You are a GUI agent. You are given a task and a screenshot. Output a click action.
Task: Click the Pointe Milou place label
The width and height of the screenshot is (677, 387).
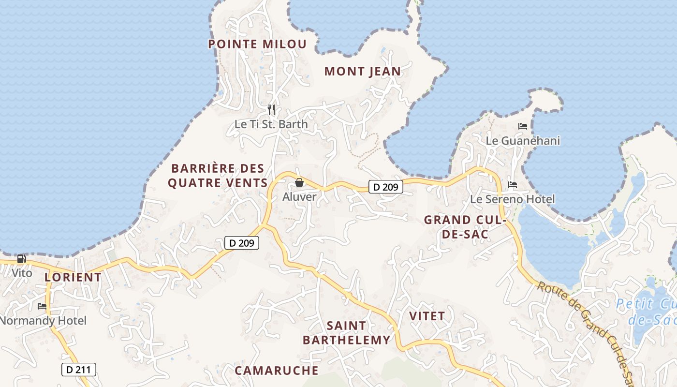pos(257,44)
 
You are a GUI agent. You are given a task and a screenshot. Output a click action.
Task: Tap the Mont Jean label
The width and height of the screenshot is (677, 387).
pos(362,72)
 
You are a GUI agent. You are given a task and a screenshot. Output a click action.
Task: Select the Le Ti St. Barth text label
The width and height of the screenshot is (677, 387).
pos(271,124)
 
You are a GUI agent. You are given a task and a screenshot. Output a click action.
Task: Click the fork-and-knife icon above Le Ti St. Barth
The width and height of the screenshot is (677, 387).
pos(271,110)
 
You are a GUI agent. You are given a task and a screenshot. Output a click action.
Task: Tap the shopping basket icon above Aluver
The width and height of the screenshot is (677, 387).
pos(299,182)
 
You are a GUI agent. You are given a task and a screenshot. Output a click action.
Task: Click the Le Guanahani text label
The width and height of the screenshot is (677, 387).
pos(523,141)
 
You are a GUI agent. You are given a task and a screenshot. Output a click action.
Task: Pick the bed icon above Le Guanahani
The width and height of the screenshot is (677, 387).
pos(523,126)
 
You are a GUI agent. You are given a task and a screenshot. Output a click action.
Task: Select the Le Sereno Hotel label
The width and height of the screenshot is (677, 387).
pos(513,199)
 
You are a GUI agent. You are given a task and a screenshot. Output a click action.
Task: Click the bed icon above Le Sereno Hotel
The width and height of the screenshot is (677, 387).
pos(513,185)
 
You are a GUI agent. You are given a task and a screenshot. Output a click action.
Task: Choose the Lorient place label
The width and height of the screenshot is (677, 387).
pos(73,277)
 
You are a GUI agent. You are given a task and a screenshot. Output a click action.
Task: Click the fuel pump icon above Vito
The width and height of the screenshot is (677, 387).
pos(22,259)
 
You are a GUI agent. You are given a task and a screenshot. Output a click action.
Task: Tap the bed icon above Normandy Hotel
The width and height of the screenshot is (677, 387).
pos(42,306)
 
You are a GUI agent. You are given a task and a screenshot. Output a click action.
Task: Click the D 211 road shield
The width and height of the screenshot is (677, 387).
pos(79,370)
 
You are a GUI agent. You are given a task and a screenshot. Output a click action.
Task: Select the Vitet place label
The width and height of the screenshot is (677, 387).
pos(427,316)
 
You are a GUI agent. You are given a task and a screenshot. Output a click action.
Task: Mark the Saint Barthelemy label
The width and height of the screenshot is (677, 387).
pos(346,333)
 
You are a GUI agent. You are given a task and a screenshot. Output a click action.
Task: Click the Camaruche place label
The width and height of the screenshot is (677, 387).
pos(277,371)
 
